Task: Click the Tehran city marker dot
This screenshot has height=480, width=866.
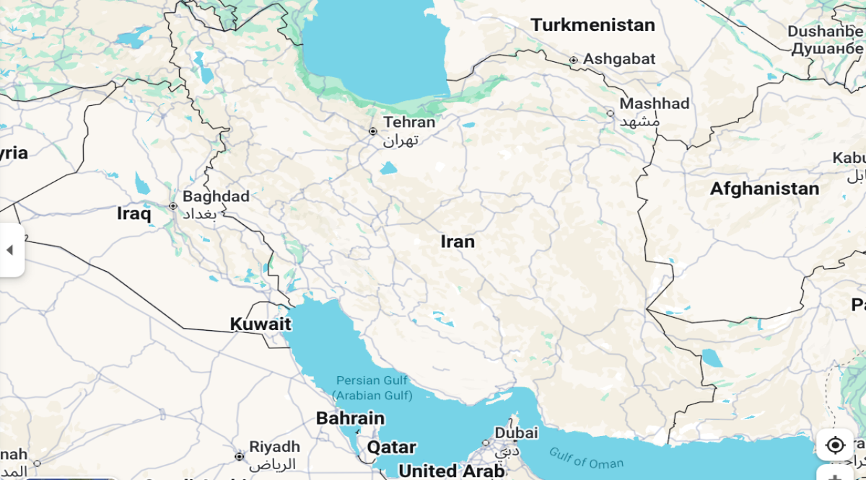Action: click(x=373, y=131)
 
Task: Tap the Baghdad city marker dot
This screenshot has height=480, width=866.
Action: click(x=173, y=206)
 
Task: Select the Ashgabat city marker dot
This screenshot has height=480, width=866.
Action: click(x=574, y=60)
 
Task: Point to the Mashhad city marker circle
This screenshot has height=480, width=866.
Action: click(x=611, y=113)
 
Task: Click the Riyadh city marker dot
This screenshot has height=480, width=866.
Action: click(x=240, y=456)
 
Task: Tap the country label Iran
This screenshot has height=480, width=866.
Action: click(x=458, y=241)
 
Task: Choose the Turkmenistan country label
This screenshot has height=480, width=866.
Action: click(x=592, y=25)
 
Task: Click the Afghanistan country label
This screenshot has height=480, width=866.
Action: click(x=764, y=189)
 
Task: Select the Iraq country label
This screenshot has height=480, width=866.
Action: click(x=134, y=214)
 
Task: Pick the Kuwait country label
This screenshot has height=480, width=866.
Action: click(x=261, y=324)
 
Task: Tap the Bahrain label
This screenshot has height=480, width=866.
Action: click(x=350, y=418)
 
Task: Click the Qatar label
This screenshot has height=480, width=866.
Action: click(x=391, y=447)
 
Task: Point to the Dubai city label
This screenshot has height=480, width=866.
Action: click(x=516, y=433)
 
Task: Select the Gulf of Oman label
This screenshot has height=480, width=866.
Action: click(x=586, y=458)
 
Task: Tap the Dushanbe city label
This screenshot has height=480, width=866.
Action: click(x=825, y=32)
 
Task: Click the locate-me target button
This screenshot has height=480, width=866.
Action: click(x=835, y=445)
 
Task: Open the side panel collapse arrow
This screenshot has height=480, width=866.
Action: click(x=10, y=250)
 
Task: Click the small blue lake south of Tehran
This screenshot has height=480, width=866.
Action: click(x=388, y=169)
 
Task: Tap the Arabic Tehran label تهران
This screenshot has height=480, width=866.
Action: click(x=401, y=140)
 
